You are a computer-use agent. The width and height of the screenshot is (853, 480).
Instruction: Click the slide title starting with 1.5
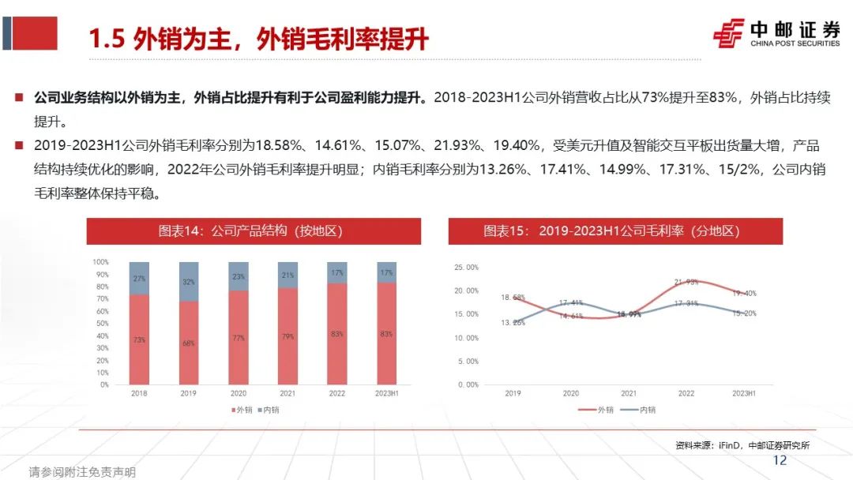pos(257,38)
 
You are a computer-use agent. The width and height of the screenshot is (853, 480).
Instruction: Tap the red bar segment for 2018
pos(139,339)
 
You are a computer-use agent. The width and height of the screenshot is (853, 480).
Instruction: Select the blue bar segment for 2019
pos(189,281)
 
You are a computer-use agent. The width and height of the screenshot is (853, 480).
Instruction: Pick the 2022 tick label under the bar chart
pos(337,393)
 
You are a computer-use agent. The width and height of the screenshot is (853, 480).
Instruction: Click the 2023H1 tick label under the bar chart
pos(387,393)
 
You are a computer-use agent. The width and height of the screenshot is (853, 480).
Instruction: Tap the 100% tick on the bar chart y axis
pos(100,261)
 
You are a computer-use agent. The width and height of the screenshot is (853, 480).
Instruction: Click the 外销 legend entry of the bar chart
pos(243,410)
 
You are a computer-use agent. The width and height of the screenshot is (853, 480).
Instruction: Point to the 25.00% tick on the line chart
pos(466,268)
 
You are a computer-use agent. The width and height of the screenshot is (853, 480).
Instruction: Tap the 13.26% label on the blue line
pos(513,322)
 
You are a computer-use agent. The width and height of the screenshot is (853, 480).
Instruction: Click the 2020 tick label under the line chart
pos(570,393)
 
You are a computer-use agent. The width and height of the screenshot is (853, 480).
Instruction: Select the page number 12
pos(780,460)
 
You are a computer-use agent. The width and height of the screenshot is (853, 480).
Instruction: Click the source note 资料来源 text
pos(742,445)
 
